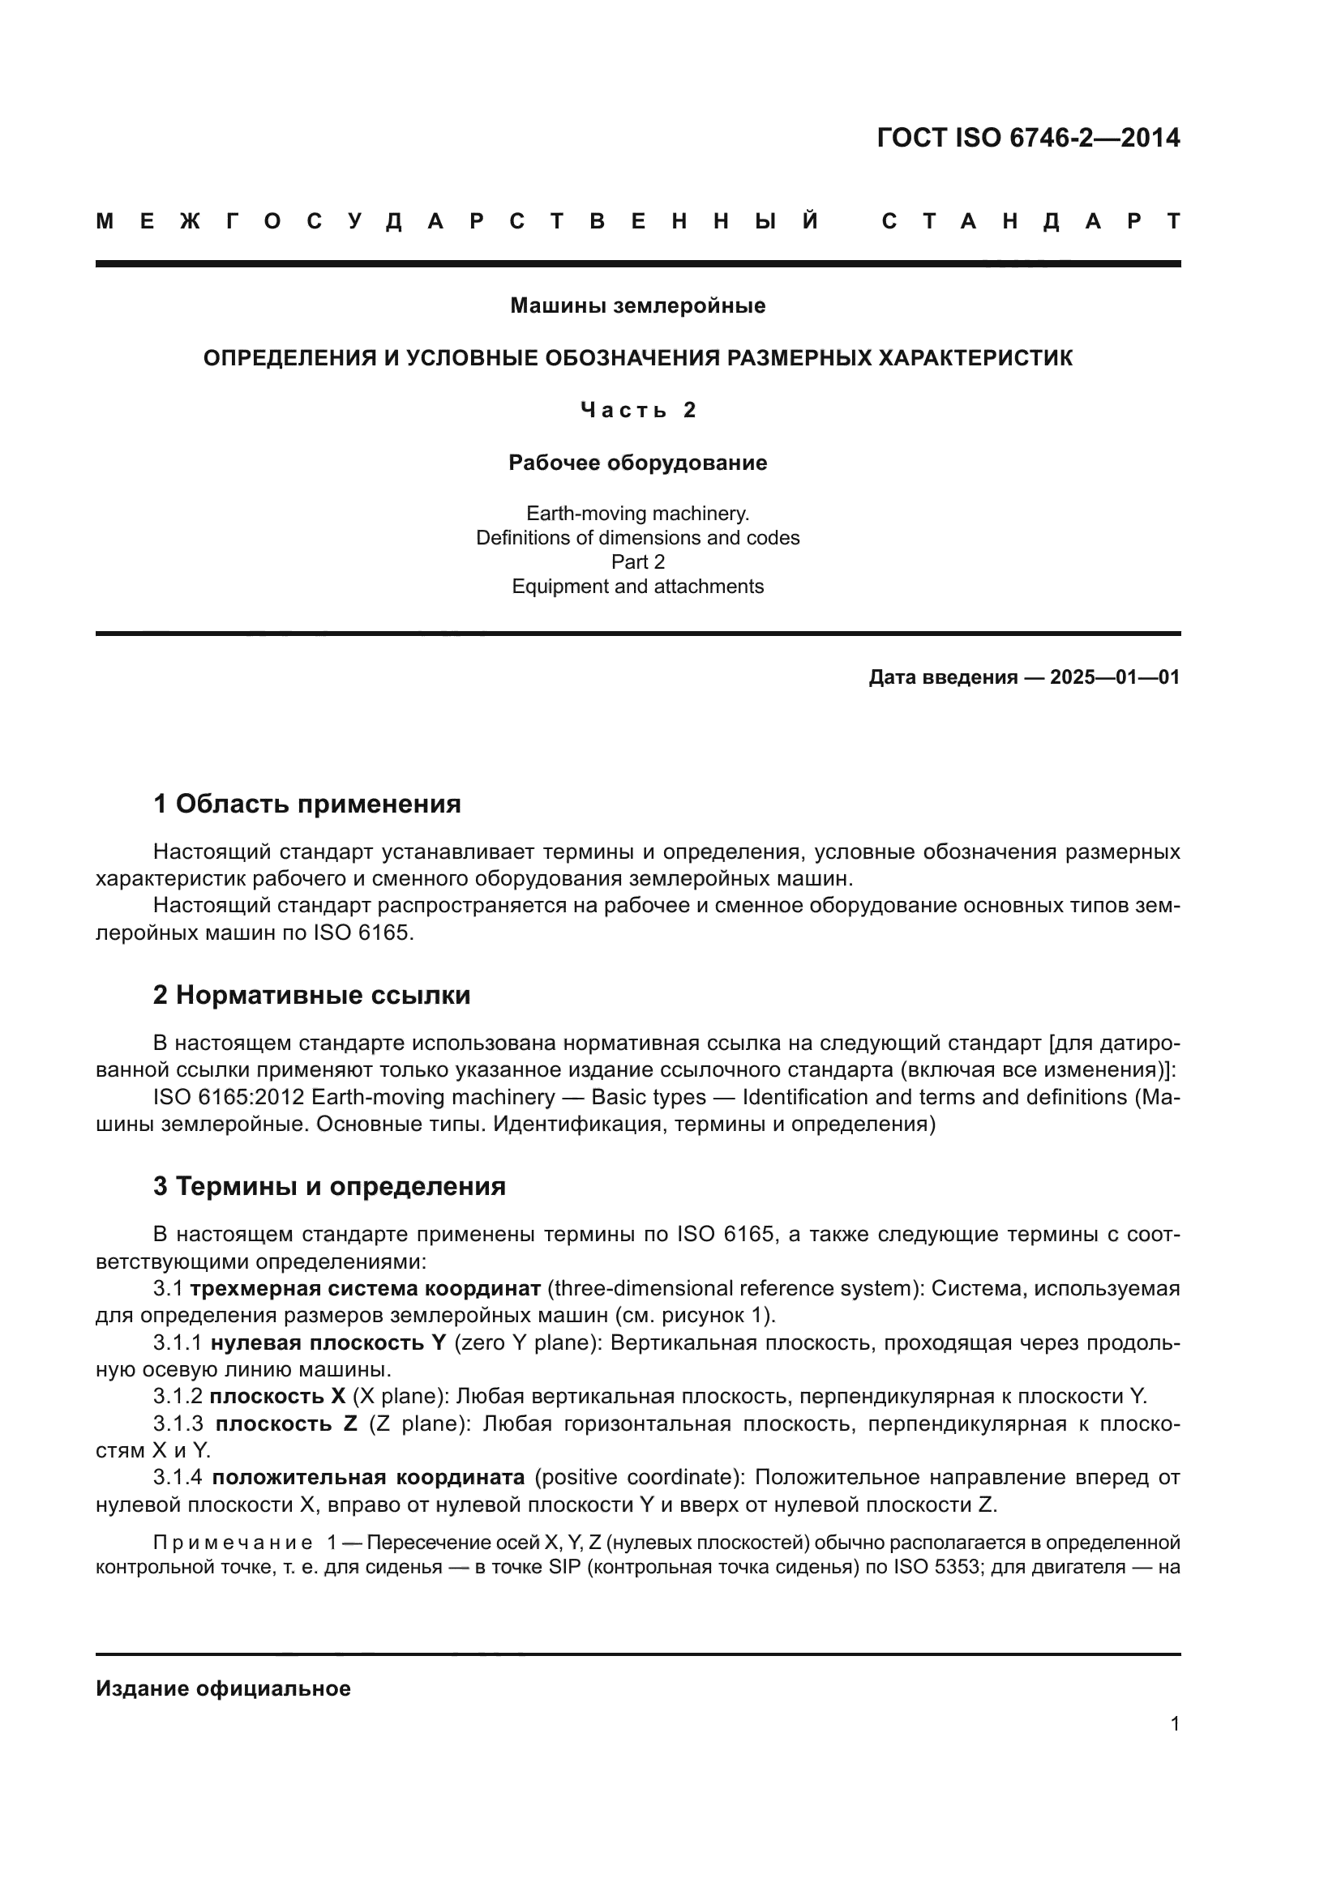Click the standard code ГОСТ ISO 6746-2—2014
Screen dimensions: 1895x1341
[1028, 138]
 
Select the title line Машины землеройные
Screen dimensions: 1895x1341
[637, 305]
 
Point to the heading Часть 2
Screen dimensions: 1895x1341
[637, 410]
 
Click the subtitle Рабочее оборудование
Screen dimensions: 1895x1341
[637, 462]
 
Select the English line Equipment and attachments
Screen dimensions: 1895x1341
[637, 586]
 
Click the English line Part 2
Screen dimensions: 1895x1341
[637, 562]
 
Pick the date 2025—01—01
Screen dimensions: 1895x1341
[1115, 677]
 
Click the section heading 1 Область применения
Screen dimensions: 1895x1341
[306, 803]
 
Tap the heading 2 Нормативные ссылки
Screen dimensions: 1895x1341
[311, 995]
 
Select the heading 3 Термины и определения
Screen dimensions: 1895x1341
[328, 1186]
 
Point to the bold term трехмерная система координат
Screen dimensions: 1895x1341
[365, 1288]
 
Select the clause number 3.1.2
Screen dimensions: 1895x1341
[177, 1397]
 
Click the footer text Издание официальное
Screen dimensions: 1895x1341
[223, 1688]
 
